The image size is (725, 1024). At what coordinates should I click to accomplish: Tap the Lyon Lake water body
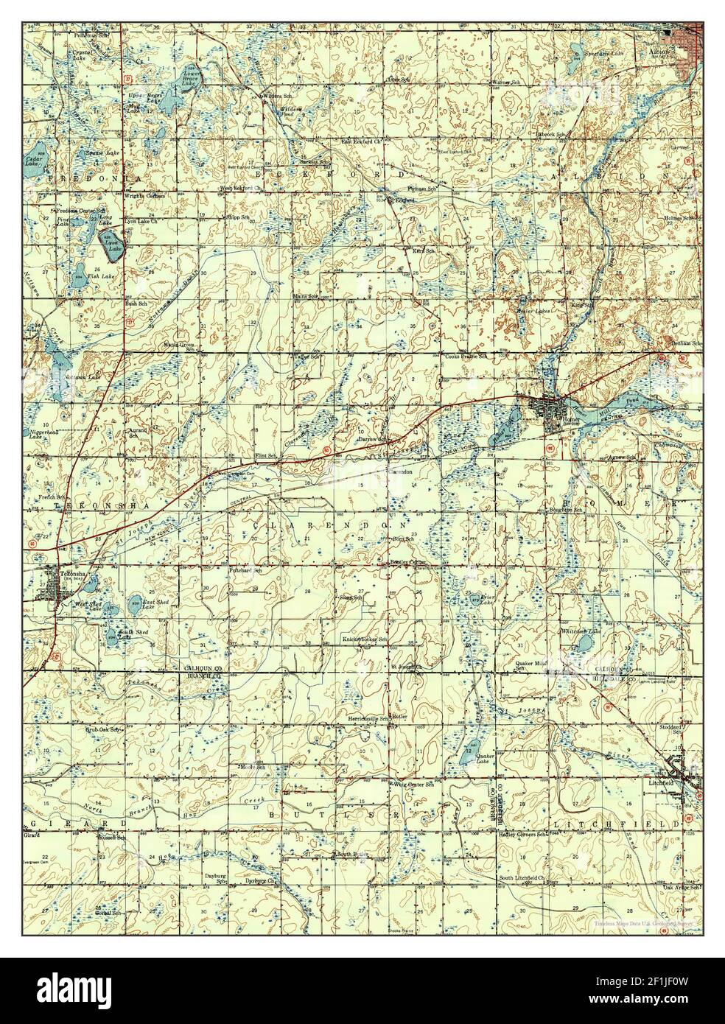114,238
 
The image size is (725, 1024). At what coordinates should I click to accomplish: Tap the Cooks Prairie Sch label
467,355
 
